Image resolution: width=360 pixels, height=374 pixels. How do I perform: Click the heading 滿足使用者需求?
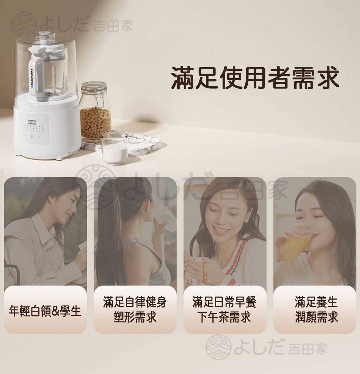255,78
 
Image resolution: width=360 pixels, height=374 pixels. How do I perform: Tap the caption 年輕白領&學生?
45,311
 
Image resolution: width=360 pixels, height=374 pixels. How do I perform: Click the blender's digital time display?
32,122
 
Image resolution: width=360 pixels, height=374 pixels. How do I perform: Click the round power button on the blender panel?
32,136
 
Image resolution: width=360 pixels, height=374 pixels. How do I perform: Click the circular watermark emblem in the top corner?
23,24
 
